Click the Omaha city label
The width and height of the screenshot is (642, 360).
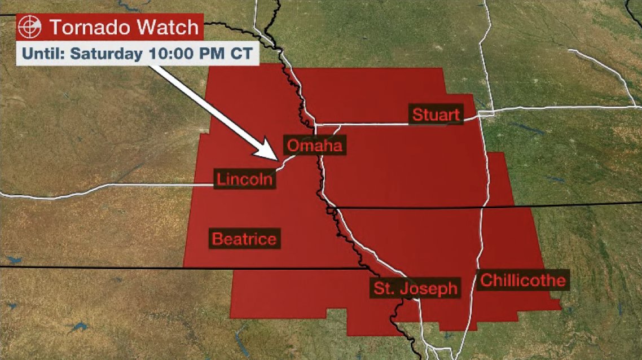[x=314, y=146]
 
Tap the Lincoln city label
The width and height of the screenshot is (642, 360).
[x=245, y=179]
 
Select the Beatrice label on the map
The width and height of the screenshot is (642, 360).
[x=244, y=239]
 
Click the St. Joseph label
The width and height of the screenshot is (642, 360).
[x=415, y=289]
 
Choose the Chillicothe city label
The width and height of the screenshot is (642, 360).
[x=522, y=280]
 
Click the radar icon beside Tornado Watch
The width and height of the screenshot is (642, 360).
[x=29, y=27]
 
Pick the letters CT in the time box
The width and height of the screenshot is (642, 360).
[x=239, y=54]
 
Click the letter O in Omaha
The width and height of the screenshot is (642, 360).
[x=293, y=146]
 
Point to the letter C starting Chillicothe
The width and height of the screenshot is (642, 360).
[x=486, y=280]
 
